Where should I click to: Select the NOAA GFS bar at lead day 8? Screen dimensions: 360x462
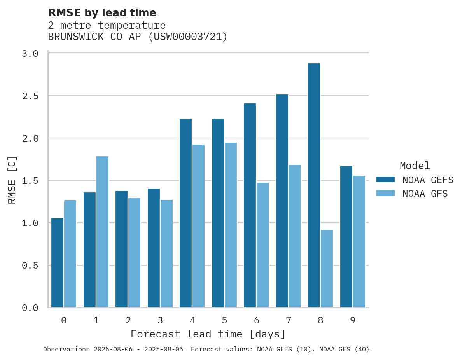pos(327,269)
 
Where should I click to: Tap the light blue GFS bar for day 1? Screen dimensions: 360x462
pos(102,232)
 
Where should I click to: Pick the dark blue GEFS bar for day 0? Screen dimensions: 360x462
pos(57,263)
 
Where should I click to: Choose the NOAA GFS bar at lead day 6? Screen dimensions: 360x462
pos(262,245)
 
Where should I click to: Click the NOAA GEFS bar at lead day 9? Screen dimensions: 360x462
pos(346,237)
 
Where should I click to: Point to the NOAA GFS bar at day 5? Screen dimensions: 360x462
pos(231,225)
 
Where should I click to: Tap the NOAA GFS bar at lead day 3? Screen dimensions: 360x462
pos(166,253)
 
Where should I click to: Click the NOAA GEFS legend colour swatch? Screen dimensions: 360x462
pos(385,180)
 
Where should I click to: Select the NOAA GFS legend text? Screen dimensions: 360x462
pos(425,194)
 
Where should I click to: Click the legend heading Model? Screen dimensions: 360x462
pos(415,166)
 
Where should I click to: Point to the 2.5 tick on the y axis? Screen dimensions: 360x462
pos(30,96)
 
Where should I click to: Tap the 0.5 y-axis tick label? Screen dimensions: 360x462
pos(30,266)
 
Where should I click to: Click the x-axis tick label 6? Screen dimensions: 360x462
pos(256,320)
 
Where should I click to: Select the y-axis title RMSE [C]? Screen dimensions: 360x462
pos(12,180)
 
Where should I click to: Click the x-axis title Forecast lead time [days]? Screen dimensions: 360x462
pos(208,334)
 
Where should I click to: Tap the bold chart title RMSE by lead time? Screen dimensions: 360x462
pos(102,13)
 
